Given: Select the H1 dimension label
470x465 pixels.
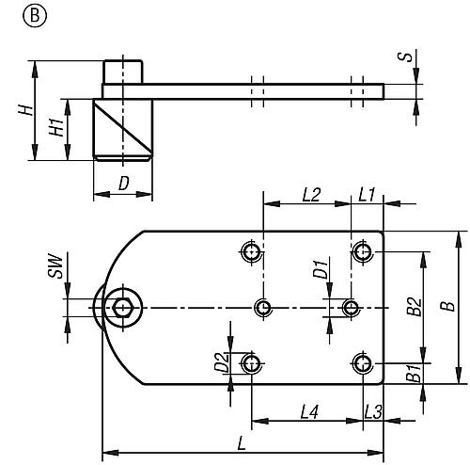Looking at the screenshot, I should (56, 128).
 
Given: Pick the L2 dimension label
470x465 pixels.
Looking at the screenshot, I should (312, 195).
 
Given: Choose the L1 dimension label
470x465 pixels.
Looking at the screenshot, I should (367, 195).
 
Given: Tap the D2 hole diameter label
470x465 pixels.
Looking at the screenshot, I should (220, 361).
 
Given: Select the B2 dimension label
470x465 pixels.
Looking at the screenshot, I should (414, 307).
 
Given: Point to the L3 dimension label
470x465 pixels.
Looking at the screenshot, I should (372, 411).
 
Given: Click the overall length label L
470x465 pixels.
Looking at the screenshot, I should (243, 440).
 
